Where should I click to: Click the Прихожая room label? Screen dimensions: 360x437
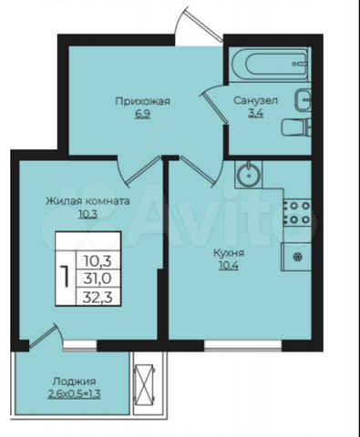[x=142, y=101]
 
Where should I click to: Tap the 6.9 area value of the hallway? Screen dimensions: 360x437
[x=142, y=115]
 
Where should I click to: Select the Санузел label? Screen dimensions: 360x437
[x=255, y=100]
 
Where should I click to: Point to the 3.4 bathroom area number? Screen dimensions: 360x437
[x=255, y=113]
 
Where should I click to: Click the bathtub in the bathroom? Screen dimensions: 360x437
[x=270, y=65]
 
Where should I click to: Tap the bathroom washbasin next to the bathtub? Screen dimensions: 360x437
[x=303, y=99]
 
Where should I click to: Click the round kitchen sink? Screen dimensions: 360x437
[x=249, y=174]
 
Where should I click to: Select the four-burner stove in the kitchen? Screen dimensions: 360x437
[x=297, y=212]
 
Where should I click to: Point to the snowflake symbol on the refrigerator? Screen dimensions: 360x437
[x=298, y=258]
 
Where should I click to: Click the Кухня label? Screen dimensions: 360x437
[x=229, y=253]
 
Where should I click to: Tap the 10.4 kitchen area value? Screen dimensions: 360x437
[x=229, y=266]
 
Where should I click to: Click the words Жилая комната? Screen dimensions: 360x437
[x=87, y=201]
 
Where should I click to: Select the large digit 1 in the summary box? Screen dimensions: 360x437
[x=65, y=276]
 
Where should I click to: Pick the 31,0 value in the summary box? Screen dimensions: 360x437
[x=98, y=279]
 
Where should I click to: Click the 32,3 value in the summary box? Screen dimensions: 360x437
[x=98, y=297]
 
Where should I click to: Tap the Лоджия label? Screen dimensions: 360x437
[x=75, y=381]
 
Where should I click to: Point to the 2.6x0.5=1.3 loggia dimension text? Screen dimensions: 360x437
[x=75, y=394]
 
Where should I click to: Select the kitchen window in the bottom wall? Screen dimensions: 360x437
[x=242, y=346]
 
